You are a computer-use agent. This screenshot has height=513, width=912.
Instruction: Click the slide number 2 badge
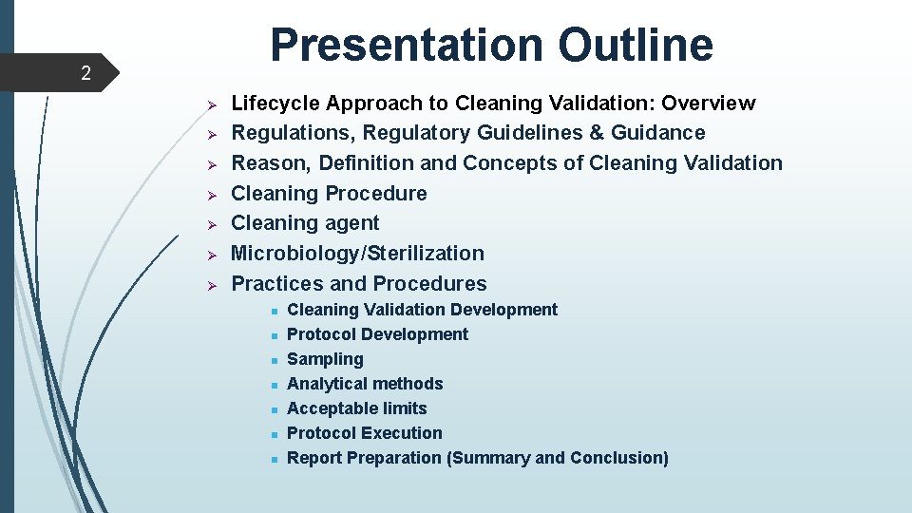point(85,73)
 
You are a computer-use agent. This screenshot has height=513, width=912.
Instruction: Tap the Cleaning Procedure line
point(329,193)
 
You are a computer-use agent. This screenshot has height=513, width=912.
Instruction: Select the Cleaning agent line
point(305,223)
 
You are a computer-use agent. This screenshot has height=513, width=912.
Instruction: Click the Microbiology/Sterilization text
point(357,253)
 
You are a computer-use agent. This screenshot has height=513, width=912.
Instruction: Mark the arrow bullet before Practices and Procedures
point(214,284)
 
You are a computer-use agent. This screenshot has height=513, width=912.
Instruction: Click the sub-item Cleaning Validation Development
point(422,310)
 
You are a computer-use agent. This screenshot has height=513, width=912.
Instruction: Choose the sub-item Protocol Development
point(377,334)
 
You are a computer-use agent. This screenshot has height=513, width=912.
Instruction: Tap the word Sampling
point(325,359)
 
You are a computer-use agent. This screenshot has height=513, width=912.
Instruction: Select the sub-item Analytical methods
point(365,384)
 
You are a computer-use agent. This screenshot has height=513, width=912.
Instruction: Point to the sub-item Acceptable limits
point(356,408)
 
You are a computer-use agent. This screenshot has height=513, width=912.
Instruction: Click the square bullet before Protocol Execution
point(272,434)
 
